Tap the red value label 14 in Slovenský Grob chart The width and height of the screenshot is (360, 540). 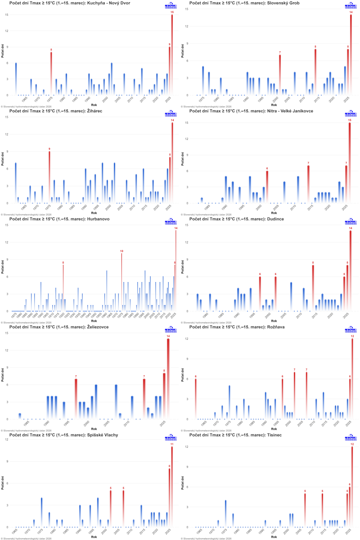[x=351, y=12]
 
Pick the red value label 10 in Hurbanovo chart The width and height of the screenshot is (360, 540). [x=121, y=251]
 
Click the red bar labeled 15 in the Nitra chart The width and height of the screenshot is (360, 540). [x=350, y=162]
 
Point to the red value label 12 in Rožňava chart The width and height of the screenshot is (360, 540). [x=352, y=336]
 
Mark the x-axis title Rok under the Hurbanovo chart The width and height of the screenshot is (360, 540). [x=94, y=321]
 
